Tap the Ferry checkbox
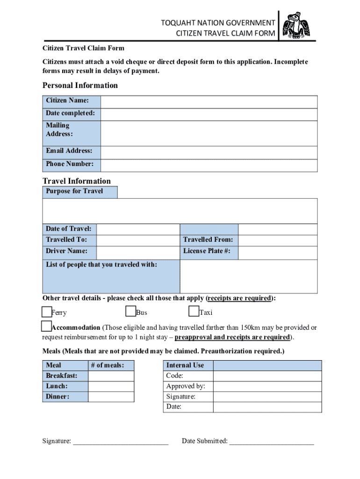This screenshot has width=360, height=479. (x=46, y=312)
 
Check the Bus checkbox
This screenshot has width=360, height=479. (x=130, y=312)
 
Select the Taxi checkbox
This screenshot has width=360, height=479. (x=194, y=312)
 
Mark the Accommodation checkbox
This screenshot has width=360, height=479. (x=46, y=326)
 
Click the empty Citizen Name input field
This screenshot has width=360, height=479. (x=209, y=102)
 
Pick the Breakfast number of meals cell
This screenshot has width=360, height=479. (x=111, y=376)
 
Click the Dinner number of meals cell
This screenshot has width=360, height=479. (x=111, y=397)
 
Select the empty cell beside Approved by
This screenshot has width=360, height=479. (x=267, y=387)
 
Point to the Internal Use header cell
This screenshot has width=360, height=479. (x=185, y=365)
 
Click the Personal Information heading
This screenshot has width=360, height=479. (x=80, y=85)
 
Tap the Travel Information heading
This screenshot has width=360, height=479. (x=77, y=181)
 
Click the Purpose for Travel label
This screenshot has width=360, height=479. (x=74, y=191)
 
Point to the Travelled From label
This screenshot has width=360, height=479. (x=208, y=240)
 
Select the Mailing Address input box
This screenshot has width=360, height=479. (x=209, y=133)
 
